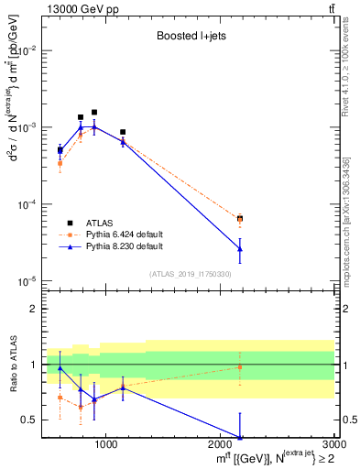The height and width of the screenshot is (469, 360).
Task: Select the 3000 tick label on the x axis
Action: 327,445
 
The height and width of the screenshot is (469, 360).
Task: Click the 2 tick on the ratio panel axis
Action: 33,309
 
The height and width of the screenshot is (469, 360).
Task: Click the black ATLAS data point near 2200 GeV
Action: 240,219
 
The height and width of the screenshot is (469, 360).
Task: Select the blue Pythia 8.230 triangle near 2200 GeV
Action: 240,248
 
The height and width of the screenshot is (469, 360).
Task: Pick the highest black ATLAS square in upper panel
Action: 93,112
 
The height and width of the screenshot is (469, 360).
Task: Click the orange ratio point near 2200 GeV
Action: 240,367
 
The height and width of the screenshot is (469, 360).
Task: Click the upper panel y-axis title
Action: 13,147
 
